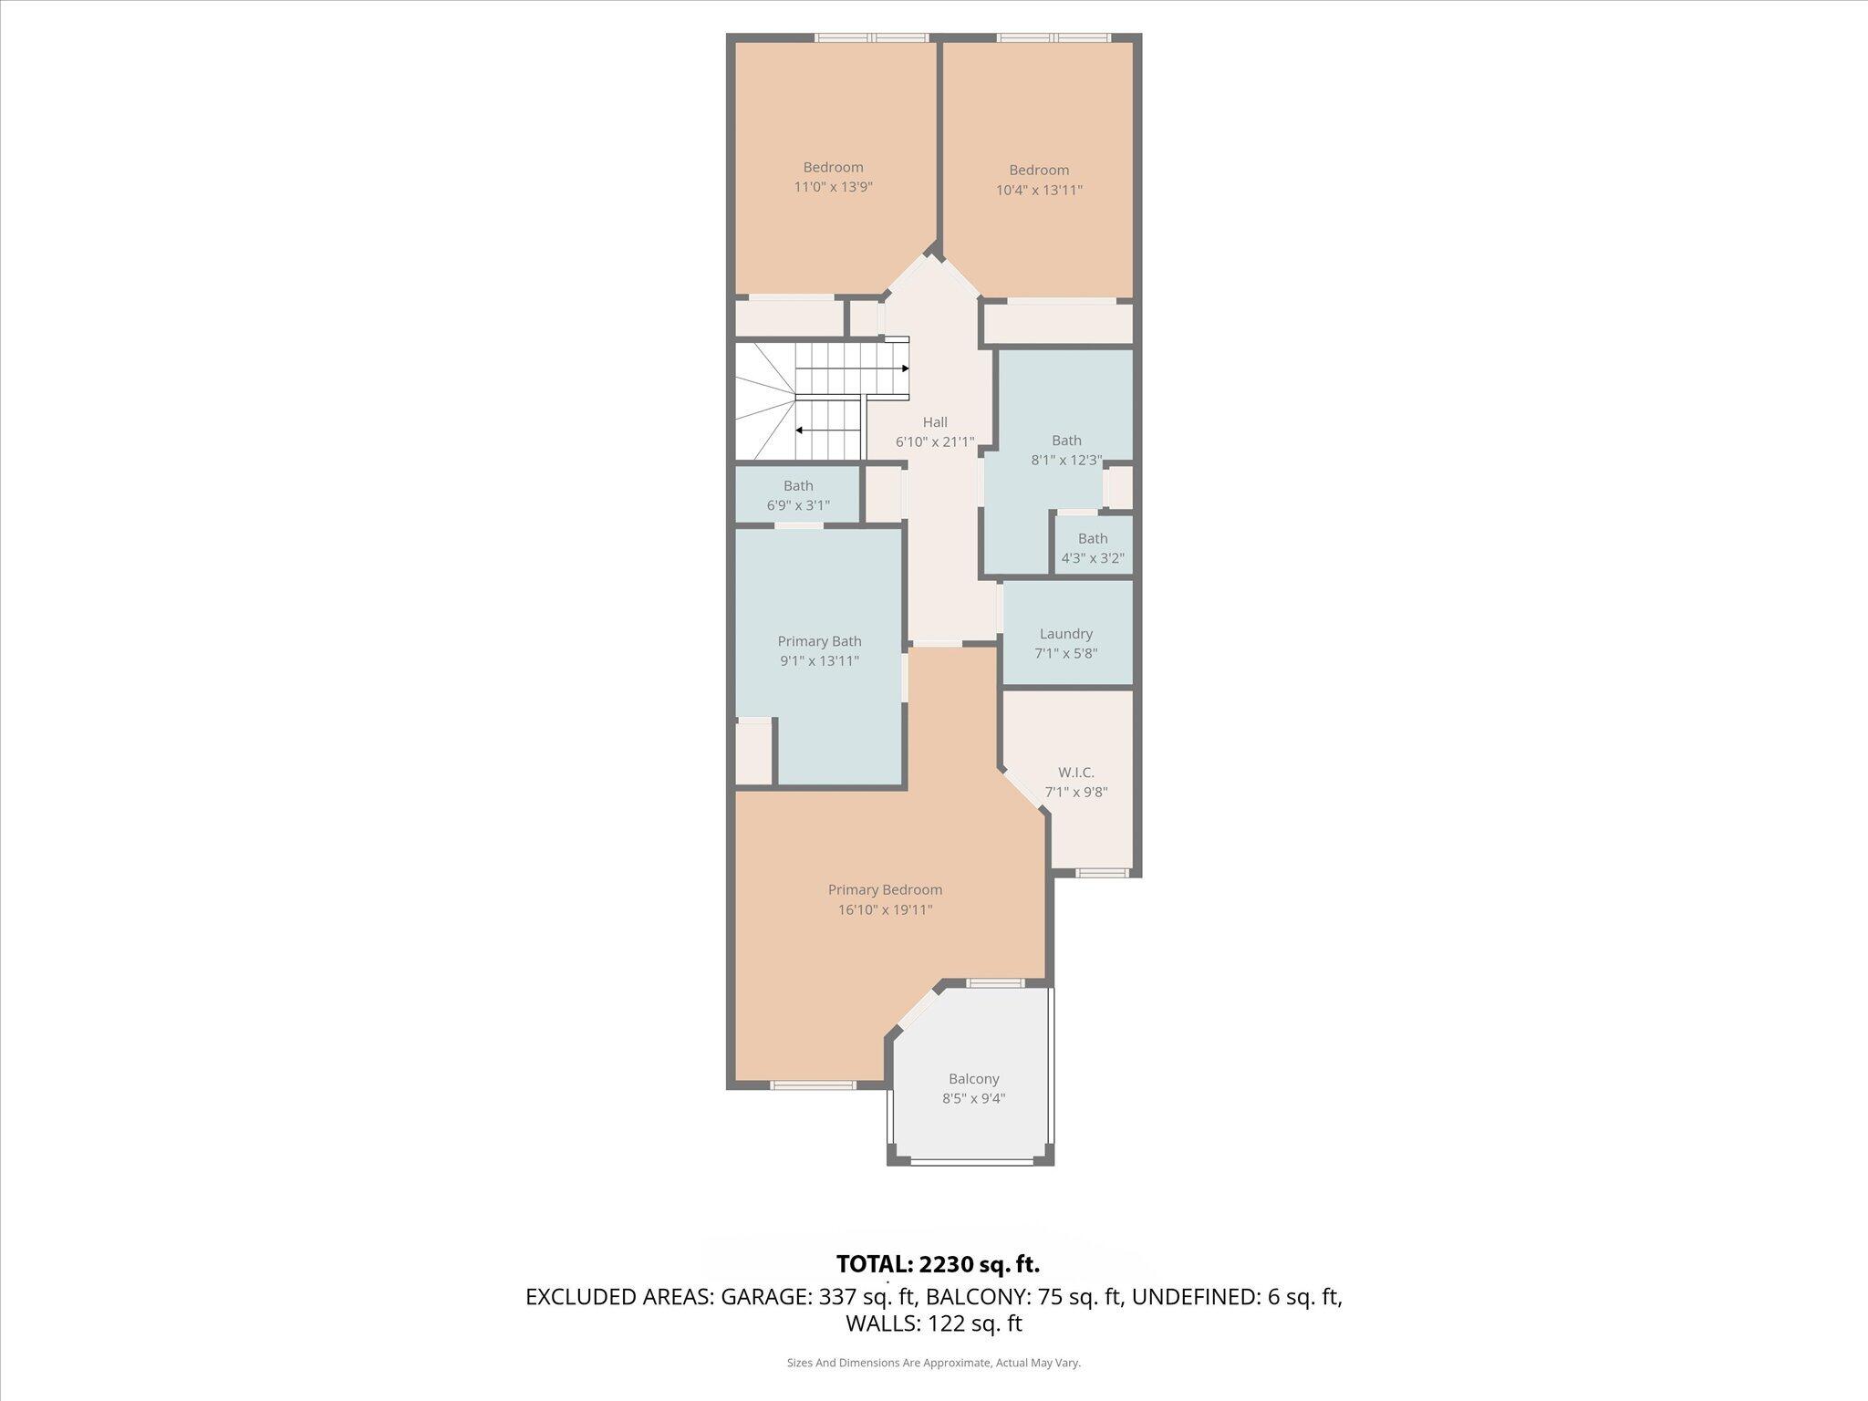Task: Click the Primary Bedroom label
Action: [885, 889]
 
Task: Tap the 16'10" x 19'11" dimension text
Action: [885, 909]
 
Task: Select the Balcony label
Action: [973, 1079]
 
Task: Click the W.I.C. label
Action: [1075, 773]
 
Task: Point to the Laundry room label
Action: [1065, 634]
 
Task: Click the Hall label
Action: [934, 422]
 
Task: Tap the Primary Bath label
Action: [819, 641]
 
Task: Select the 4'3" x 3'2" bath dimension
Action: [1092, 558]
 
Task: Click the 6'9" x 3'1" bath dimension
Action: [797, 505]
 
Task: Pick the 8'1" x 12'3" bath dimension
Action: [1066, 461]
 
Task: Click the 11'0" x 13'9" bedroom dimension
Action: [833, 187]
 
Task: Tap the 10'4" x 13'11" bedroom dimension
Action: [1039, 190]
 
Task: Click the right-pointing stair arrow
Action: [905, 368]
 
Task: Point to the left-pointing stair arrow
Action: [799, 430]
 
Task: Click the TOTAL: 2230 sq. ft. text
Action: [938, 1264]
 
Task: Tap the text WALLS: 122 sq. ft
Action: [933, 1323]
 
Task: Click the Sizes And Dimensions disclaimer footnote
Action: [933, 1363]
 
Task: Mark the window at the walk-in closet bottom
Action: [1101, 873]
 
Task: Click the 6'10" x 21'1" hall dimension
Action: [934, 442]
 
